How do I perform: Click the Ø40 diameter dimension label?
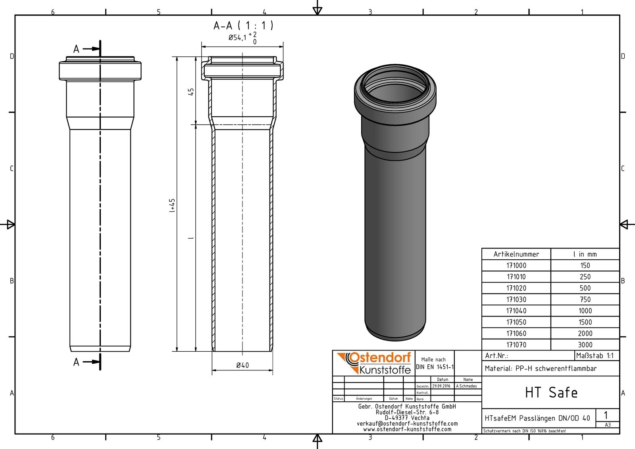pos(242,365)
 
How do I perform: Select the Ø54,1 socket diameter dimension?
pos(242,38)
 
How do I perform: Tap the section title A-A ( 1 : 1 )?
pos(243,25)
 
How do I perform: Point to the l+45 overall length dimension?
pos(172,205)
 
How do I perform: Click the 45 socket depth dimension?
pos(191,92)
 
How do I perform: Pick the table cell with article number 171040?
pos(516,311)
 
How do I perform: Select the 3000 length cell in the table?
pos(585,345)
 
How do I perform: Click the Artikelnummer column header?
pos(516,254)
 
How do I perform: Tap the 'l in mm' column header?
pos(585,254)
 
